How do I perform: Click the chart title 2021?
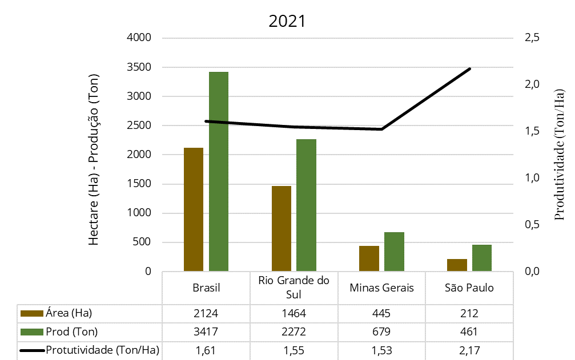coord(287,22)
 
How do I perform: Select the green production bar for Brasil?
coord(219,171)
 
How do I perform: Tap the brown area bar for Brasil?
coord(194,209)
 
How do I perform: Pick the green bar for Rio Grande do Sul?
coord(306,205)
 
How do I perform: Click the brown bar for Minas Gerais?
coord(369,258)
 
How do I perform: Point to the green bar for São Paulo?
coord(481,258)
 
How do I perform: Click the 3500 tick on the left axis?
coord(139,67)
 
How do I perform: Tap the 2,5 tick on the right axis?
coord(532,38)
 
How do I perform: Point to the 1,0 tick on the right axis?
coord(532,178)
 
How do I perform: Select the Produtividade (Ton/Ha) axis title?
coord(559,153)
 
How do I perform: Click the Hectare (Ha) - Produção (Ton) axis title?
coord(94,160)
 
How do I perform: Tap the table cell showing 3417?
coord(206,331)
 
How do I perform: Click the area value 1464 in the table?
coord(293,313)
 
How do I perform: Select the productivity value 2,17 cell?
coord(469,350)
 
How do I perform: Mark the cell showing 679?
coord(381,331)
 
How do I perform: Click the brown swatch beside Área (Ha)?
coord(32,313)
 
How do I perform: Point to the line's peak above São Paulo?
coord(469,68)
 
